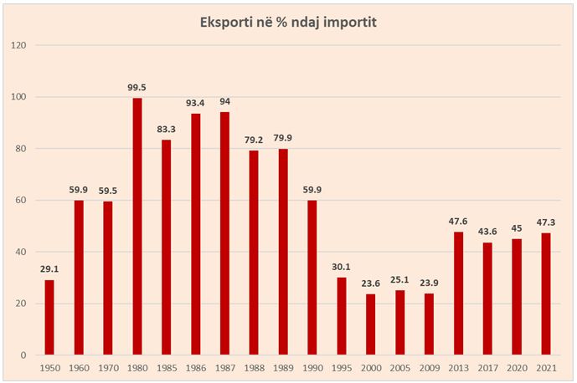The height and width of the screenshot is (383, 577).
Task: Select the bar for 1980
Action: [137, 227]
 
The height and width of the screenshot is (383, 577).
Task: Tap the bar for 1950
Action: [49, 317]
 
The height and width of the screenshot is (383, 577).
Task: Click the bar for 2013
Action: [458, 294]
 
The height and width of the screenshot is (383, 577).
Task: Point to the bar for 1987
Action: [224, 233]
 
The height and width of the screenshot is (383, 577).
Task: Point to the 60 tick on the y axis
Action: [24, 201]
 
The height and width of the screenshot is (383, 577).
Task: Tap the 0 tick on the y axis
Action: [27, 355]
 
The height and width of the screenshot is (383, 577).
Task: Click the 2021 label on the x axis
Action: [546, 369]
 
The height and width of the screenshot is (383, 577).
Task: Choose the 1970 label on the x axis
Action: [108, 369]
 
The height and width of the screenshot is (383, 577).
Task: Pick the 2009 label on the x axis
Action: [430, 369]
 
